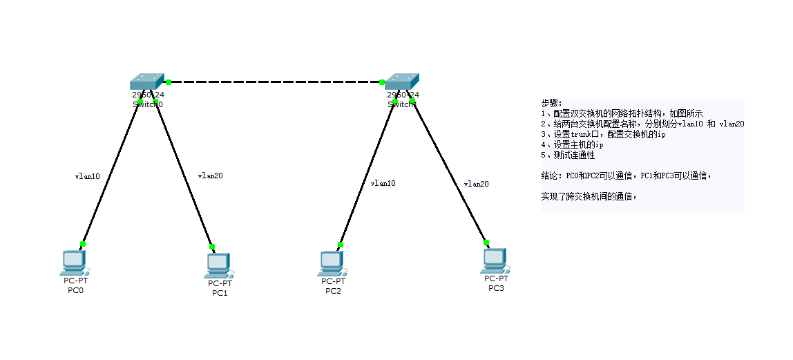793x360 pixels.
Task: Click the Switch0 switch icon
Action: coord(147,82)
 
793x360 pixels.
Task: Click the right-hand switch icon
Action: coord(402,82)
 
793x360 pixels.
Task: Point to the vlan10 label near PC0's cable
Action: coord(87,176)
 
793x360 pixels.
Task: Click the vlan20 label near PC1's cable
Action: coord(210,176)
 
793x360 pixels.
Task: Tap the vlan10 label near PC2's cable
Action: coord(383,183)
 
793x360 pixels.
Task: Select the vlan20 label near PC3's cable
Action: coord(476,184)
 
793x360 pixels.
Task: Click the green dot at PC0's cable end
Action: coord(83,244)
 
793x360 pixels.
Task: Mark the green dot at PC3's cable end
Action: coord(486,243)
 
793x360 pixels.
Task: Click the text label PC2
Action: coord(333,291)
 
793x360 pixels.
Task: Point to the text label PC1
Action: coord(220,293)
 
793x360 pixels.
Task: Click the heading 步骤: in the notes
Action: coord(552,103)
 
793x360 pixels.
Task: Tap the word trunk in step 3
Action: coord(582,135)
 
